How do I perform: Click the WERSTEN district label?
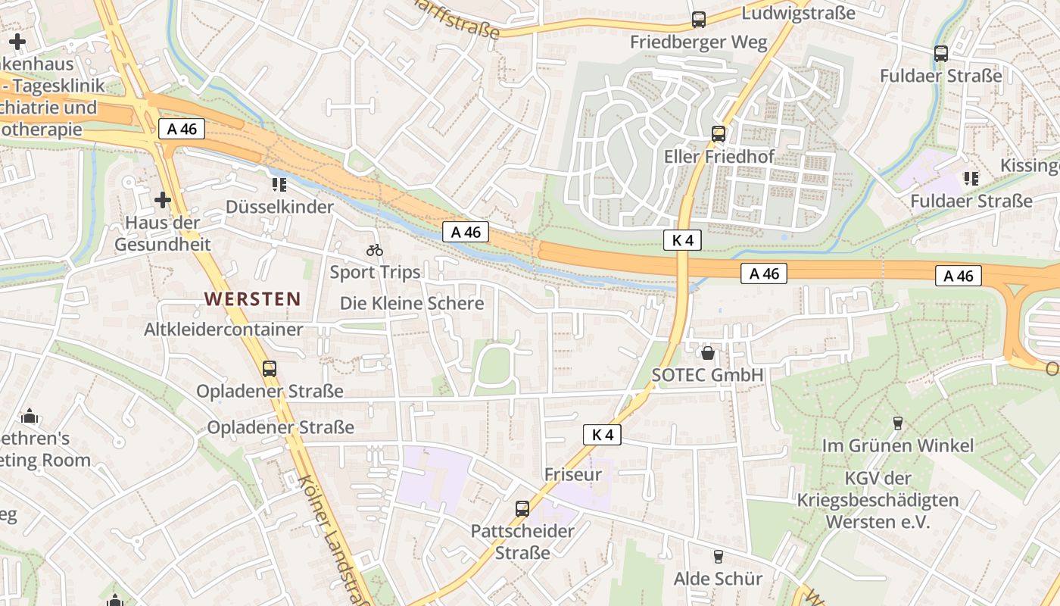(252, 298)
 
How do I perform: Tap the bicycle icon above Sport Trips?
(374, 249)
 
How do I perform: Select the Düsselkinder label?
(279, 207)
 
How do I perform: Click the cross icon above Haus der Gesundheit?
(163, 200)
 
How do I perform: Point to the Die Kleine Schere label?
(411, 303)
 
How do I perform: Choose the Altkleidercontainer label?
(223, 330)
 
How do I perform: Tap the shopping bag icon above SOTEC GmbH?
(708, 352)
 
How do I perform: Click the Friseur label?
(573, 474)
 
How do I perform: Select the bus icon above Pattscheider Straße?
(522, 508)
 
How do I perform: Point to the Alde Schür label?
(718, 579)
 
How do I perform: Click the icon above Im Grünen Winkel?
(898, 423)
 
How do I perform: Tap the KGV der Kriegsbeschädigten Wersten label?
(878, 500)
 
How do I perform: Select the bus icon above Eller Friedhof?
(718, 134)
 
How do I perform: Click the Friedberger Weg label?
(698, 42)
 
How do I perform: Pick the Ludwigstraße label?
(798, 13)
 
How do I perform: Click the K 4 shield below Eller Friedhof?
(682, 240)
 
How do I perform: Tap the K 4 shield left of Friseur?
(602, 435)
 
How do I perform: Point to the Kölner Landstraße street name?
(333, 538)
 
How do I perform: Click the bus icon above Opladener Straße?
(270, 369)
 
